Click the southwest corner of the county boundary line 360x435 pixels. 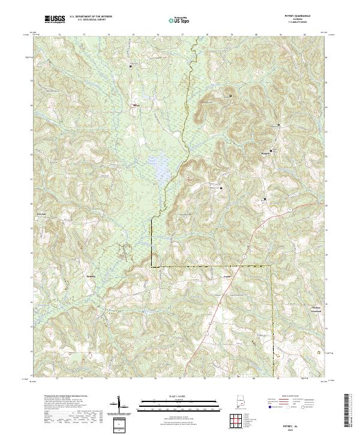pos(151,266)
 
